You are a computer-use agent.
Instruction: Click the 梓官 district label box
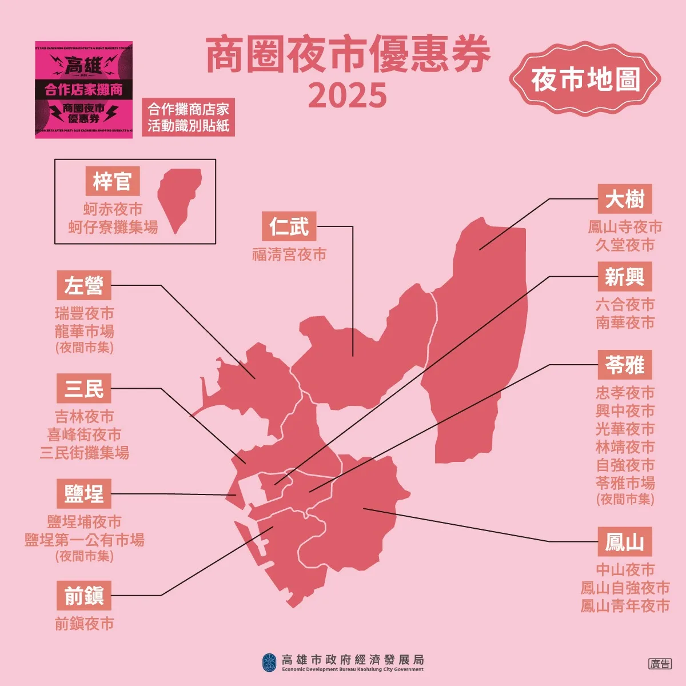click(112, 182)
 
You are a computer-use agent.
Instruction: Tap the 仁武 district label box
click(289, 226)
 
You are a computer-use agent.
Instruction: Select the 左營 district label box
click(84, 285)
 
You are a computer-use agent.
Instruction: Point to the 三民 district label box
click(84, 389)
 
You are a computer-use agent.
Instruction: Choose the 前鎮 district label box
click(84, 596)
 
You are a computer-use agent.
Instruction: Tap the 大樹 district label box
click(624, 200)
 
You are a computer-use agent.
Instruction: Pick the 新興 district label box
click(624, 277)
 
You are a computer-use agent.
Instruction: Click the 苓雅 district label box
click(624, 365)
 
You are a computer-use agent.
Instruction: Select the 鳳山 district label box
click(624, 542)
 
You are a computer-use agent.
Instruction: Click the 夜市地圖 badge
click(585, 79)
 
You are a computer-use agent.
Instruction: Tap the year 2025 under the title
click(348, 95)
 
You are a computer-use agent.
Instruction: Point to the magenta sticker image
click(83, 90)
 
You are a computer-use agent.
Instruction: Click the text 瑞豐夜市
click(84, 313)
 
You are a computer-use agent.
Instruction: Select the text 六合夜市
click(625, 304)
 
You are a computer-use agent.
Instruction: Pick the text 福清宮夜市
click(289, 254)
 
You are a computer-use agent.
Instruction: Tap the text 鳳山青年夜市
click(625, 606)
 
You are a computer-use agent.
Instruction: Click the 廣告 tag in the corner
click(660, 664)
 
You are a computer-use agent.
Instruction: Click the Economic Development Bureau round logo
click(269, 663)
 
